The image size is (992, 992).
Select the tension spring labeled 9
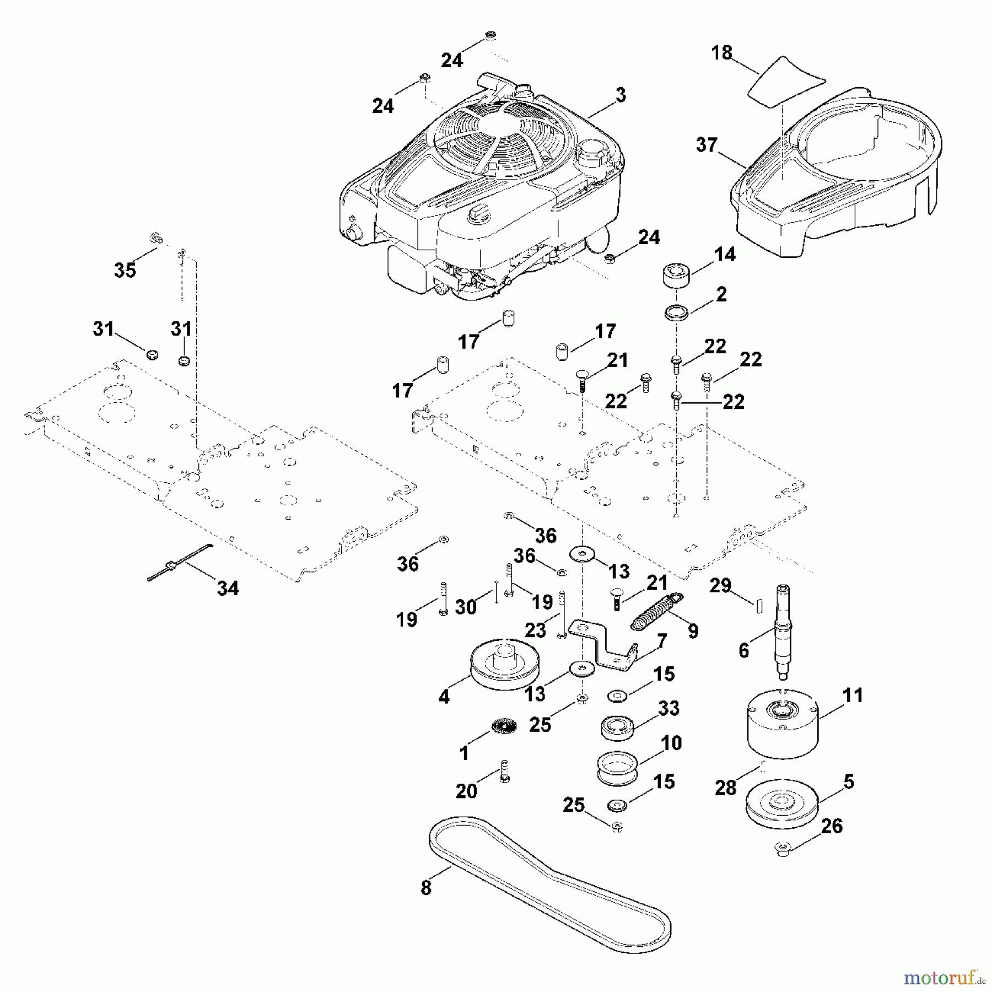(656, 610)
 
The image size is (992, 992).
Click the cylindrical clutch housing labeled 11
(783, 725)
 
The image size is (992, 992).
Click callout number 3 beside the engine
(621, 95)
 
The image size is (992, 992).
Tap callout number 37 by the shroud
(707, 145)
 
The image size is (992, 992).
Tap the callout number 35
(125, 270)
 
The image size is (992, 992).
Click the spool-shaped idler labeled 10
(617, 767)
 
